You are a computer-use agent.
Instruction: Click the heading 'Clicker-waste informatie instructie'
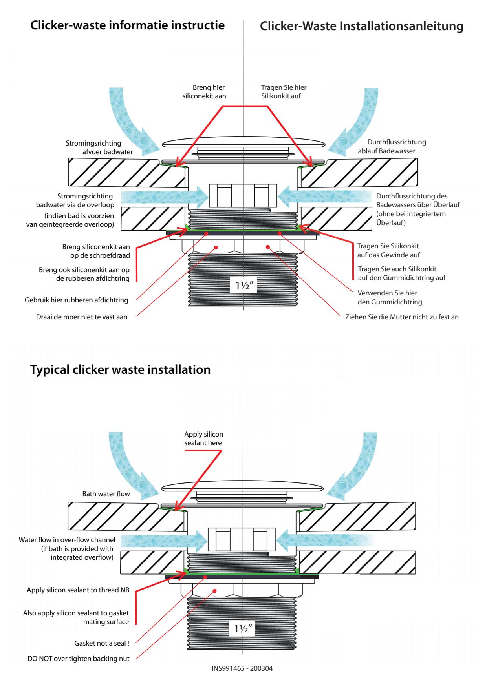click(x=127, y=25)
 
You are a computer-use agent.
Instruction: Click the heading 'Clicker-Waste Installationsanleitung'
click(x=361, y=26)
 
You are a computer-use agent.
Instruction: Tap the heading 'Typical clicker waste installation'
click(x=120, y=370)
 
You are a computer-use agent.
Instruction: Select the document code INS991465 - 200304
click(x=242, y=668)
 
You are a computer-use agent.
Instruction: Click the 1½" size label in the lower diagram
click(x=242, y=629)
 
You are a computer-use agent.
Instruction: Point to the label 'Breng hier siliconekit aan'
click(x=204, y=92)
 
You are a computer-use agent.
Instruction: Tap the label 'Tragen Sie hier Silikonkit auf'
click(x=284, y=92)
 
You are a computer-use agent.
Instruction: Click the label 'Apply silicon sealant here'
click(x=203, y=439)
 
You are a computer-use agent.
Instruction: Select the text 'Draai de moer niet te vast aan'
click(x=82, y=317)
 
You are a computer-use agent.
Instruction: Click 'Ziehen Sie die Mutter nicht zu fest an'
click(x=402, y=317)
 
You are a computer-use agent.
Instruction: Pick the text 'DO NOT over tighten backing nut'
click(x=78, y=659)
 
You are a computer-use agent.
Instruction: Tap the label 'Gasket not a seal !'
click(x=102, y=643)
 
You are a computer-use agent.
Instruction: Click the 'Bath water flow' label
click(x=106, y=494)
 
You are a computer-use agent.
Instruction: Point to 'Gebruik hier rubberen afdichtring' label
click(x=76, y=300)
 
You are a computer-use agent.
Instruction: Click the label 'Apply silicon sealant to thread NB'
click(x=78, y=590)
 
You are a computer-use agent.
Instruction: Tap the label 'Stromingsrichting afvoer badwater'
click(x=99, y=147)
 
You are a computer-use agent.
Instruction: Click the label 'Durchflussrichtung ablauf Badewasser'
click(x=392, y=146)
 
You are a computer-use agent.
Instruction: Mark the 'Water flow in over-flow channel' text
click(x=67, y=540)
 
